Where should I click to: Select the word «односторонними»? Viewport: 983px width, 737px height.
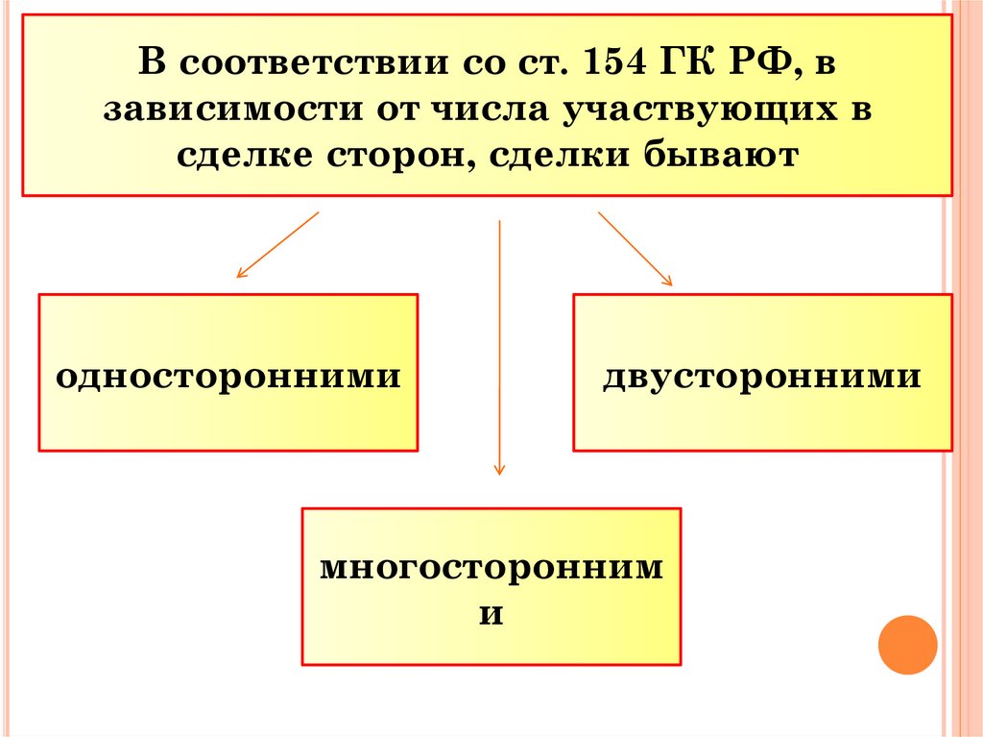[x=228, y=375]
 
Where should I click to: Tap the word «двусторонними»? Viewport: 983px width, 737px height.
[x=762, y=375]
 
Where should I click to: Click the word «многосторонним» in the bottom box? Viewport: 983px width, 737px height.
[x=491, y=567]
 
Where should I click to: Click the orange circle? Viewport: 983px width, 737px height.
[x=907, y=644]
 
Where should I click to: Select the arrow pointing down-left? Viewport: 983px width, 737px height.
[x=276, y=245]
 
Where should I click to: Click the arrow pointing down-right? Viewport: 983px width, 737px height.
[x=635, y=248]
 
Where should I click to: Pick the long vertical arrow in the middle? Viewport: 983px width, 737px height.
[x=499, y=346]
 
